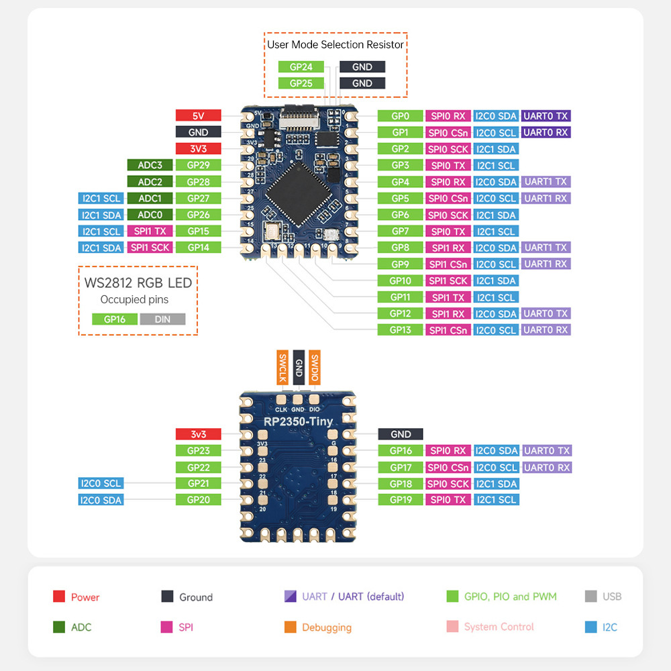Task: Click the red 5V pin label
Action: tap(198, 115)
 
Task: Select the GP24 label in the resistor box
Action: tap(301, 66)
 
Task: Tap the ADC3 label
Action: tap(150, 165)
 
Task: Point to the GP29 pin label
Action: tap(198, 165)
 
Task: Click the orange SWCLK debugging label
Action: tap(282, 367)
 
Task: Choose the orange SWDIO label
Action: tap(315, 367)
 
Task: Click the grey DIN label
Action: tap(162, 319)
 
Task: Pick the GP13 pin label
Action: tap(400, 329)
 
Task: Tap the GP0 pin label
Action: tap(400, 115)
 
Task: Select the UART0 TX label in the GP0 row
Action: tap(546, 115)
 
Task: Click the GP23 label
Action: tap(198, 451)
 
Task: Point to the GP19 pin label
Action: tap(400, 500)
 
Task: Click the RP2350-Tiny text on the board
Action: tap(298, 421)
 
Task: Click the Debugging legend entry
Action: tap(326, 627)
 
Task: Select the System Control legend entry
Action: tap(499, 627)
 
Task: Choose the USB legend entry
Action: tap(612, 597)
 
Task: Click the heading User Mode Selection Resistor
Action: tap(335, 45)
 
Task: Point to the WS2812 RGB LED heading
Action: tap(138, 282)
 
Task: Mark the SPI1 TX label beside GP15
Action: tap(150, 231)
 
